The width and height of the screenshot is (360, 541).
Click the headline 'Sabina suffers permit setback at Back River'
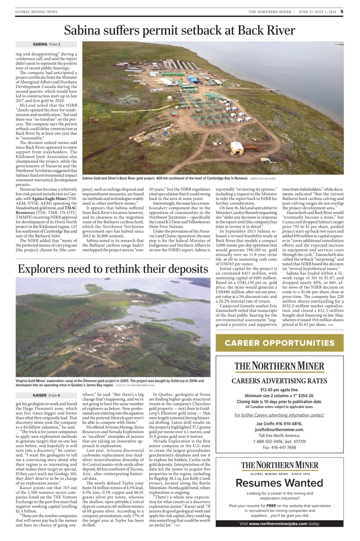(x=179, y=30)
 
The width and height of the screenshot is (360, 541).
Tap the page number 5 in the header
(x=342, y=11)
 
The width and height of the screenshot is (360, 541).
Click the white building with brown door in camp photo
(x=237, y=148)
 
